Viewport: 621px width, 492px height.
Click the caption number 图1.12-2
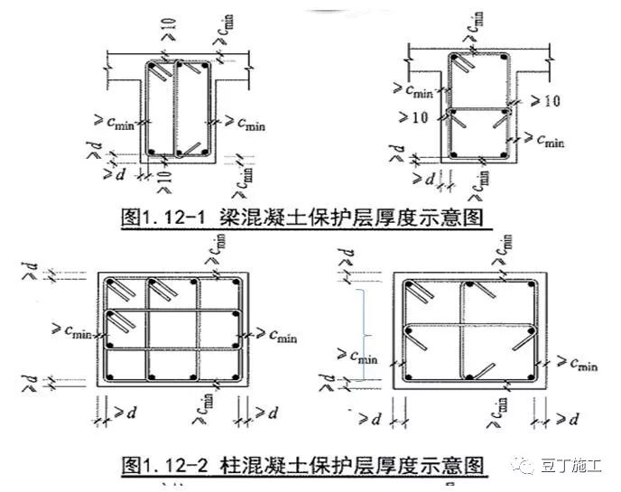(x=166, y=466)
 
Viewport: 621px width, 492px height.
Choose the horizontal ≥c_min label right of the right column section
(x=572, y=364)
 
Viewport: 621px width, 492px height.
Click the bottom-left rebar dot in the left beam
(x=153, y=151)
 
